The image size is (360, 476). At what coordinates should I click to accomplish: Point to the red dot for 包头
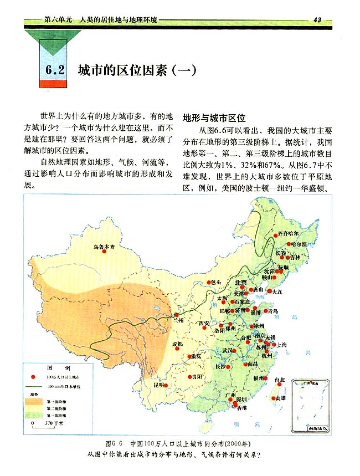point(208,282)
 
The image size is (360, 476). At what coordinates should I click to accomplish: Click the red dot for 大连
point(270,291)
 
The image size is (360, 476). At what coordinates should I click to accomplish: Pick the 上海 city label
point(281,345)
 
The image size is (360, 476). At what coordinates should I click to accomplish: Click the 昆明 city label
point(159,384)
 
